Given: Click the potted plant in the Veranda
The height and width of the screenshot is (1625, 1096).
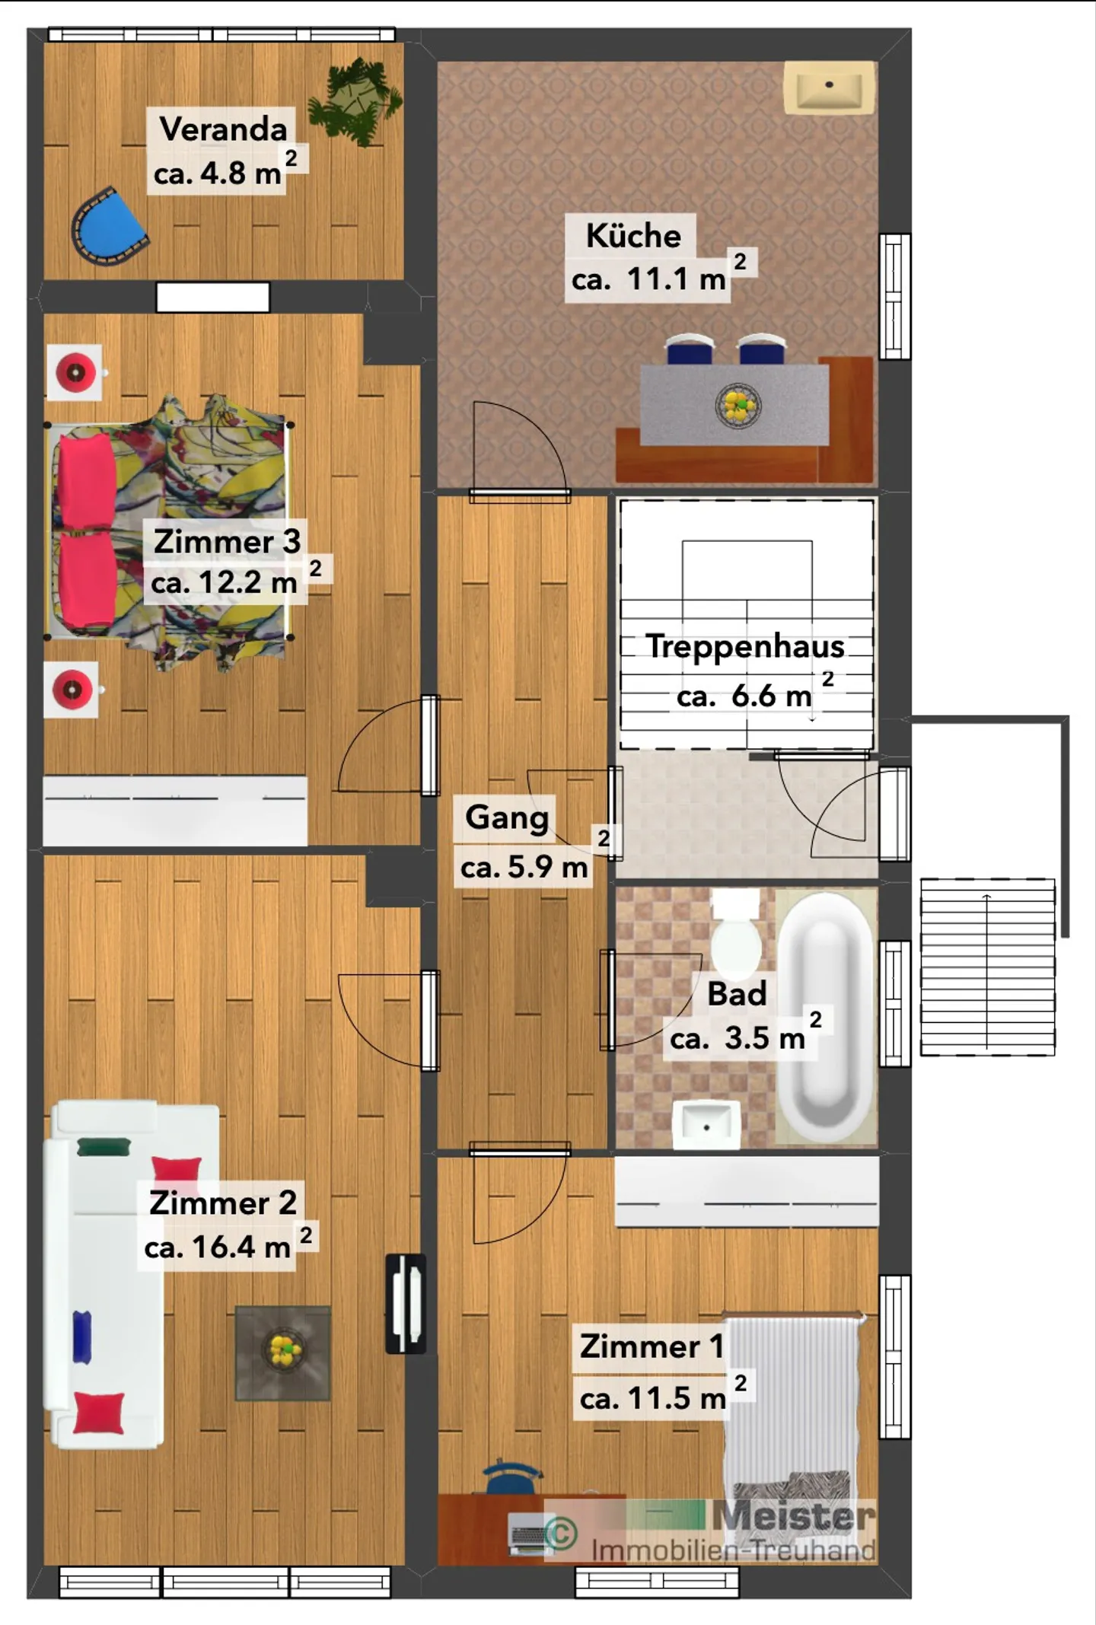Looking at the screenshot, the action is [355, 100].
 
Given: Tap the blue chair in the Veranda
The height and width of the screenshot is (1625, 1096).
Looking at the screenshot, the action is [109, 227].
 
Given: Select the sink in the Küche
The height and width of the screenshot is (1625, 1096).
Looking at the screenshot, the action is [830, 88].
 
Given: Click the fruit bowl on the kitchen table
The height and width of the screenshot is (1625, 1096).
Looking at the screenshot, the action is [738, 406].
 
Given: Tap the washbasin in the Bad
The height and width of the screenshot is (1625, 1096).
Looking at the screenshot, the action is [706, 1124].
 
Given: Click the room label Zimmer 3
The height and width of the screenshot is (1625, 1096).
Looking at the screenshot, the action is [227, 541].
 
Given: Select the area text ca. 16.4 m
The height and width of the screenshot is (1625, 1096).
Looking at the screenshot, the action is [218, 1247].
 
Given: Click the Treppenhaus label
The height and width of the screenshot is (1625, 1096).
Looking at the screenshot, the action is [745, 646].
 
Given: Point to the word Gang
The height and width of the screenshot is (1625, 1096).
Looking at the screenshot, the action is [507, 818].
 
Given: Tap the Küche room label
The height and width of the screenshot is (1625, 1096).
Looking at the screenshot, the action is [633, 235].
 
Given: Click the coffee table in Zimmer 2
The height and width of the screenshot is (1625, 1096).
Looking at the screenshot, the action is [282, 1353].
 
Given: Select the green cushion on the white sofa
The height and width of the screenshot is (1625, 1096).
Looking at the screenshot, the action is [104, 1146].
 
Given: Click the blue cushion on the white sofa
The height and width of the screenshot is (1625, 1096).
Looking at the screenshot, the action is [82, 1337].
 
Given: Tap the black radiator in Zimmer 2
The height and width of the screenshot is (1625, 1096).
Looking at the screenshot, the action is [406, 1303].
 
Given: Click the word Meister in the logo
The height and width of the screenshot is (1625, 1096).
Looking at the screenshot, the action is [793, 1515].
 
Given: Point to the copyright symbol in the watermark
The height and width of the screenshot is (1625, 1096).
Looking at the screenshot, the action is [561, 1533].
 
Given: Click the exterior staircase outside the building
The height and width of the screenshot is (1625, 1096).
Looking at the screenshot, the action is [987, 967].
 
